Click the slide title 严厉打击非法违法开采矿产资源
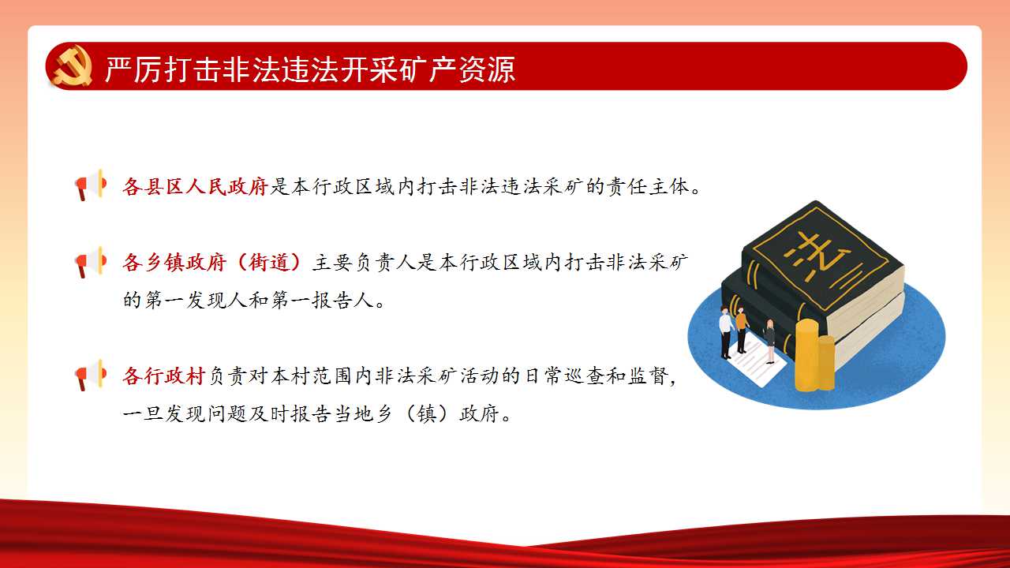pyautogui.click(x=310, y=69)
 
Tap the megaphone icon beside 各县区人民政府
pyautogui.click(x=91, y=185)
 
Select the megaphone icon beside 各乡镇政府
pyautogui.click(x=91, y=262)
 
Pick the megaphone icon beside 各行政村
pyautogui.click(x=91, y=375)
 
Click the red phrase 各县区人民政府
pyautogui.click(x=196, y=186)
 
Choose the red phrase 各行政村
pyautogui.click(x=164, y=376)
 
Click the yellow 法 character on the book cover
pyautogui.click(x=817, y=256)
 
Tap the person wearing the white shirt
pyautogui.click(x=725, y=332)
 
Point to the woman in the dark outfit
pyautogui.click(x=770, y=341)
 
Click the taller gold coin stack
pyautogui.click(x=806, y=355)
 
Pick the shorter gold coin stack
pyautogui.click(x=826, y=362)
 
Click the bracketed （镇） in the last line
pyautogui.click(x=427, y=413)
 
